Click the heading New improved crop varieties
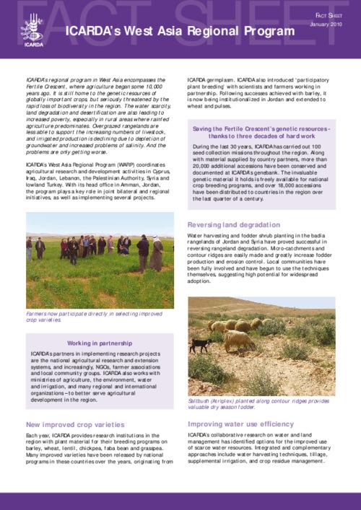(x=69, y=424)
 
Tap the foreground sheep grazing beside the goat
(x=238, y=339)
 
